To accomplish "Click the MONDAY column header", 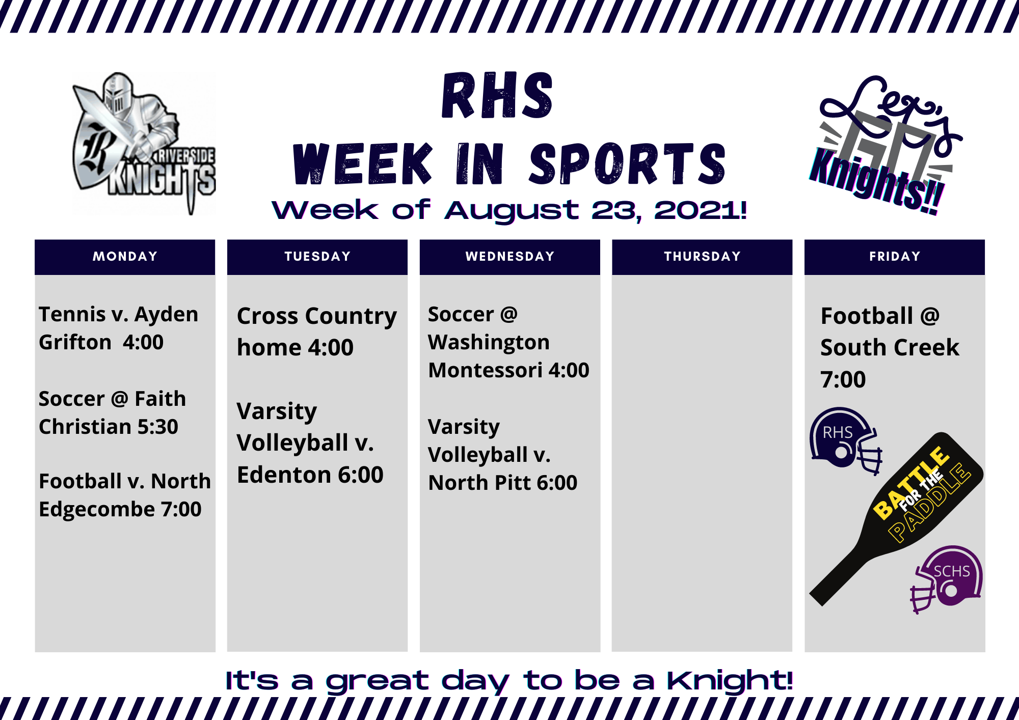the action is (125, 257).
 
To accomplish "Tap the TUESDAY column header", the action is (317, 257).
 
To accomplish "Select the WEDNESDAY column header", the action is (510, 257).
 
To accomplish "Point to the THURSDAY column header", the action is (702, 257).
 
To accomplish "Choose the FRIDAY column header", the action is (895, 257).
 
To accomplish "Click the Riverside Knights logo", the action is (144, 143).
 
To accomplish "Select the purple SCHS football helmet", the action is (947, 579).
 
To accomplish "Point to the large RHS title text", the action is (498, 96).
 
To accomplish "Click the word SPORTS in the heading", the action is (627, 163).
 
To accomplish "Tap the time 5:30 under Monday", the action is (157, 427).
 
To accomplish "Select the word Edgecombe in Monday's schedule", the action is (97, 510).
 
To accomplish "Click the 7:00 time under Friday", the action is (843, 380).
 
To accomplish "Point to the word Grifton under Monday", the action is (75, 343).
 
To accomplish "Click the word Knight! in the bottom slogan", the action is (730, 681).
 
